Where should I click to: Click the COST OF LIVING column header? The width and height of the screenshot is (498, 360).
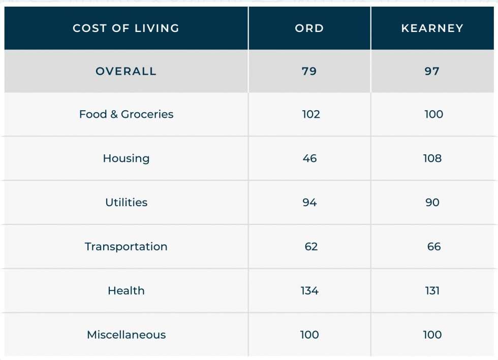point(126,28)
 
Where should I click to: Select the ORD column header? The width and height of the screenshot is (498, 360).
point(309,28)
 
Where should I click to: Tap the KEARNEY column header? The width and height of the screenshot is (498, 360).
point(432,28)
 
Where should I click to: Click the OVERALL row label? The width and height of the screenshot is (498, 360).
point(126,71)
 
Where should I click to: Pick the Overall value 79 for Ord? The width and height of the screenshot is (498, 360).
point(309,71)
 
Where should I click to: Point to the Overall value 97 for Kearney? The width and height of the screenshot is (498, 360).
point(432,71)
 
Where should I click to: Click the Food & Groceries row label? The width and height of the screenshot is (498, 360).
point(126,114)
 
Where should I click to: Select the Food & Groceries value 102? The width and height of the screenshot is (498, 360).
point(310,114)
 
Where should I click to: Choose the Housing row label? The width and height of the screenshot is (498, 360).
point(126,158)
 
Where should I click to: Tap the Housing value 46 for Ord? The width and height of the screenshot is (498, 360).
point(309,158)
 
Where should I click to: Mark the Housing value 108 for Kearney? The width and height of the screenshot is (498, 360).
point(432,158)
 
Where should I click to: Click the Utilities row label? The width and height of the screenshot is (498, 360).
point(126,202)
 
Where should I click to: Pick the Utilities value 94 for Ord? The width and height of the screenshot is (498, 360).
point(309,202)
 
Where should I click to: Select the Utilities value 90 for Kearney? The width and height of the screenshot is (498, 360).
point(432,202)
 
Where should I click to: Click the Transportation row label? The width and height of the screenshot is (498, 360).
point(126,246)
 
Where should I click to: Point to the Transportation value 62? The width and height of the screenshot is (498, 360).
point(310,246)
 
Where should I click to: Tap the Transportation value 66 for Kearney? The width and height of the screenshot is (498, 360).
point(433,246)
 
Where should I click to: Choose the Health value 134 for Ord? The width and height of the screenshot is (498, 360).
point(309,290)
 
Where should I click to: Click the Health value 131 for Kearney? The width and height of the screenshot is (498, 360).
point(432,290)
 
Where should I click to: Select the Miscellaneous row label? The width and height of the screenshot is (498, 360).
point(126,335)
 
